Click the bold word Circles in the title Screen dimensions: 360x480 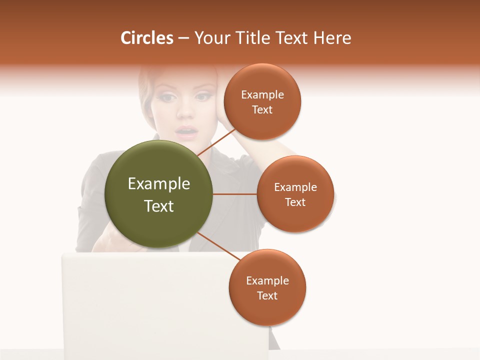[x=147, y=38]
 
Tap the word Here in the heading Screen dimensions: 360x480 [x=332, y=38]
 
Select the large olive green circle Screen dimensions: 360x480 [x=158, y=194]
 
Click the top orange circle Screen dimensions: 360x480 [x=262, y=101]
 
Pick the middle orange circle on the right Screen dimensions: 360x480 [x=295, y=194]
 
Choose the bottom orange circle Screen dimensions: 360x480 [x=267, y=287]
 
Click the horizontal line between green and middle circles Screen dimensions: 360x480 [x=234, y=194]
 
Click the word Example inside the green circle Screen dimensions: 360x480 [x=159, y=184]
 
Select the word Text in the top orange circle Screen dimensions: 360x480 [x=262, y=110]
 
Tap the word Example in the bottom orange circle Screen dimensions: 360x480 [x=267, y=280]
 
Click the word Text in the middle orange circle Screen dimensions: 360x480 [x=295, y=202]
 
